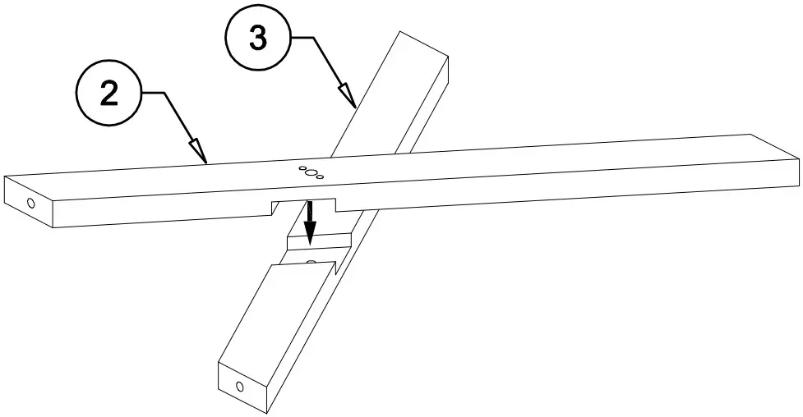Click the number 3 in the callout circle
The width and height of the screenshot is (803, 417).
click(x=258, y=38)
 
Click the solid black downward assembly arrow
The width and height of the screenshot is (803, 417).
click(x=309, y=222)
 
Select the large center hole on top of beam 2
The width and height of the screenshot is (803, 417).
click(x=312, y=172)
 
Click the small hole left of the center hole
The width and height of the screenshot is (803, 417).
click(x=302, y=169)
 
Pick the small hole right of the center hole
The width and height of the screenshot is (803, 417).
click(x=321, y=176)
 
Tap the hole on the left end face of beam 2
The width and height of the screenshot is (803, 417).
click(x=31, y=202)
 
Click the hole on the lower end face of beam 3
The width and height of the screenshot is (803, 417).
click(x=240, y=386)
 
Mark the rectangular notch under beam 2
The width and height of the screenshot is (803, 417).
click(x=305, y=204)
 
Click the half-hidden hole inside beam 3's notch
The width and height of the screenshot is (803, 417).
click(x=311, y=262)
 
